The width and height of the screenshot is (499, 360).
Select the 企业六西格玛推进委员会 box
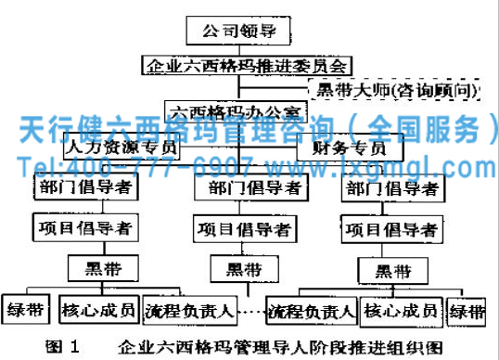(x=248, y=65)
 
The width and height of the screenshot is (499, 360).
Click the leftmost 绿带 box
(x=25, y=310)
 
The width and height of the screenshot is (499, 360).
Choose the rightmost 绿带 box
(x=466, y=310)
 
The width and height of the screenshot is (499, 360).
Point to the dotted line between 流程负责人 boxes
(x=249, y=312)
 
